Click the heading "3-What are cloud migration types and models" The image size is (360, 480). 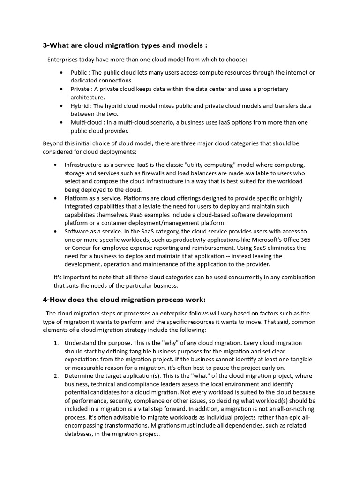(x=125, y=45)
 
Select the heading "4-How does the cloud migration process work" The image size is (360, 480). (x=124, y=300)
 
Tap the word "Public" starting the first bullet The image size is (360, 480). (x=79, y=72)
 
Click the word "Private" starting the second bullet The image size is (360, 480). (x=80, y=89)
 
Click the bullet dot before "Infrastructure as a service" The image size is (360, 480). (x=56, y=165)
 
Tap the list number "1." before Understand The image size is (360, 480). (x=56, y=343)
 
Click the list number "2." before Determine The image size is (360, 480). (x=56, y=376)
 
